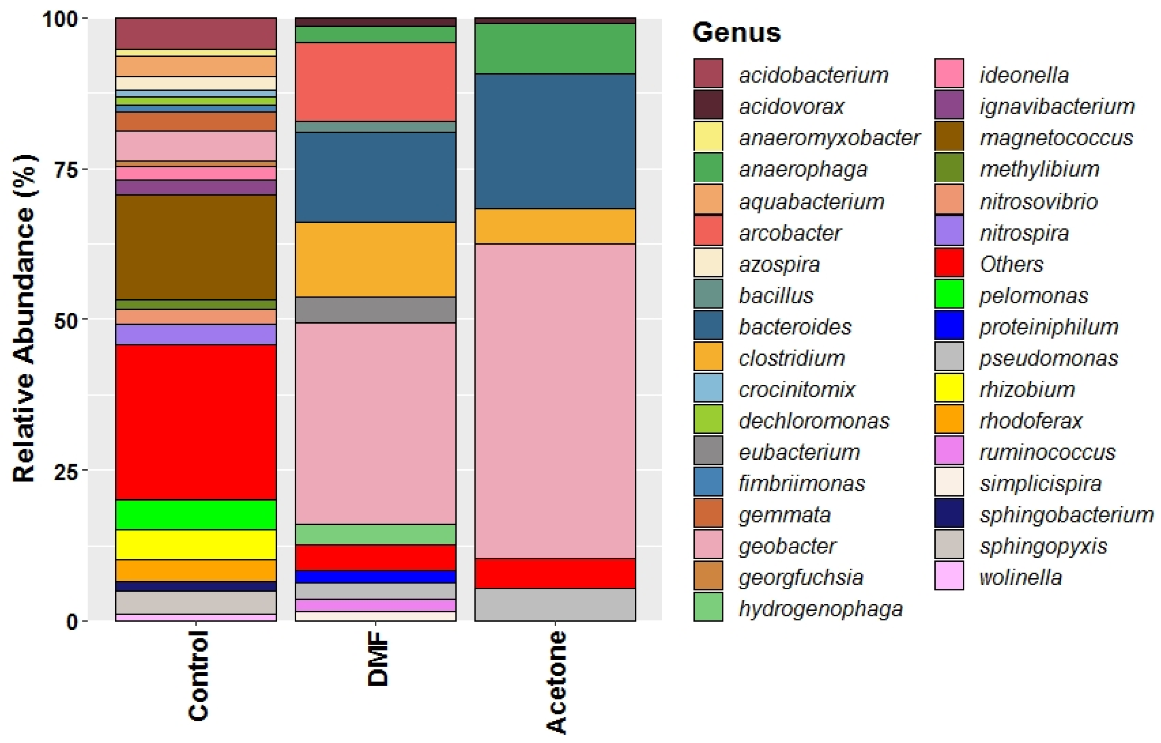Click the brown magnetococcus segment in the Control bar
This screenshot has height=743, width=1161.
[196, 247]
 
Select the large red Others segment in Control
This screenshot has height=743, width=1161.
[196, 422]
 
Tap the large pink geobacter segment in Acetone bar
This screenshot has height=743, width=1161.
[555, 400]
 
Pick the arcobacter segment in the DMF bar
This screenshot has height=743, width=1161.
[375, 82]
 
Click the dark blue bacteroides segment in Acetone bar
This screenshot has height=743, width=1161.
[555, 141]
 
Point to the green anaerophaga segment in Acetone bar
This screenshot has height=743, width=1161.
[555, 48]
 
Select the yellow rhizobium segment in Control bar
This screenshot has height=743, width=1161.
[196, 545]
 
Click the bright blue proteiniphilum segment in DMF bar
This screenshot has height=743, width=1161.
[375, 576]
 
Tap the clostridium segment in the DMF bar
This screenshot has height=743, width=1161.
[375, 259]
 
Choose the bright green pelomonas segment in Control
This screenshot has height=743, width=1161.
[196, 515]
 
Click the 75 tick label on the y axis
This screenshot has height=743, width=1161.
[65, 170]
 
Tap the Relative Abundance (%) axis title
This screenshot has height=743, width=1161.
[24, 318]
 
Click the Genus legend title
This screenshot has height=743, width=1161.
[736, 33]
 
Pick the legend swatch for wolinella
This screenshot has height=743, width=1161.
[949, 575]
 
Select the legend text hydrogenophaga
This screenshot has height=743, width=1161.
[820, 609]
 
